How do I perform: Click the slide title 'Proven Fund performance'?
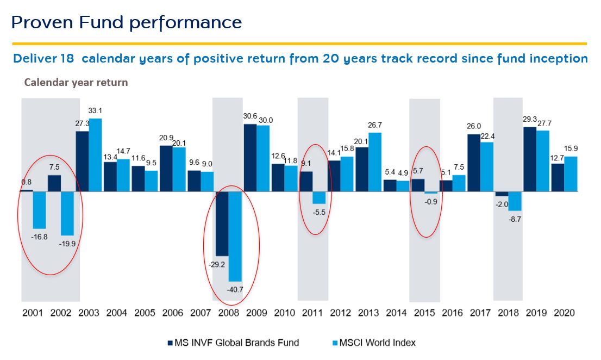point(126,22)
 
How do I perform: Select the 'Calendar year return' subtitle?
point(76,83)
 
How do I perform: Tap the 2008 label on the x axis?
point(228,313)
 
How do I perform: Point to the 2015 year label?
point(424,313)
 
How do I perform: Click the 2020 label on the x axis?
point(564,313)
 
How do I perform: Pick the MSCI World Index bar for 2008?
point(235,236)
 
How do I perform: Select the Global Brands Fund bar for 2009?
point(250,158)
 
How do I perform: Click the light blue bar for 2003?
point(95,155)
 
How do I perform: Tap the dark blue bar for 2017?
point(474,163)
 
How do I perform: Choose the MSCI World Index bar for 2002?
point(67,213)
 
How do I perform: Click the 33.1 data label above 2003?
point(95,111)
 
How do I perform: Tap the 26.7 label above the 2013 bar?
point(375,125)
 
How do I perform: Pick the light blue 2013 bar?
point(375,162)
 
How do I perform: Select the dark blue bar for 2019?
point(530,159)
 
